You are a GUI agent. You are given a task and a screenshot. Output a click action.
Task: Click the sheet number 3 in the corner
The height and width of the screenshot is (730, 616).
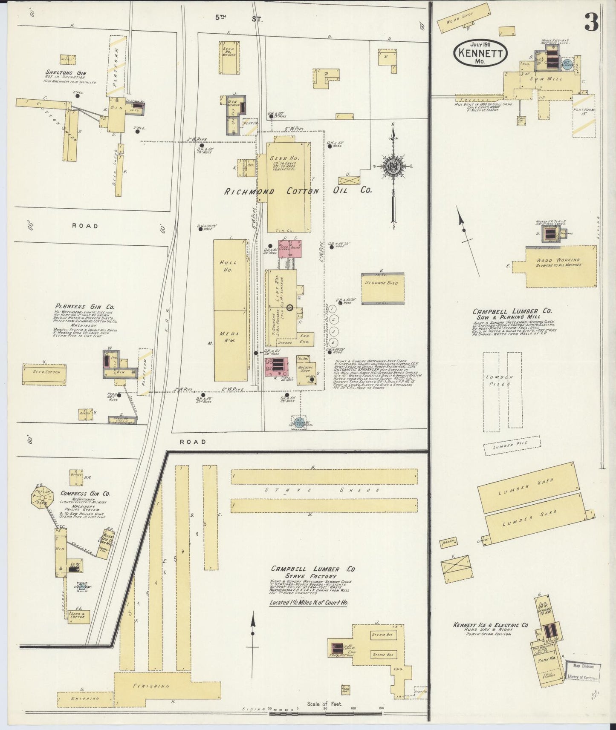coord(591,22)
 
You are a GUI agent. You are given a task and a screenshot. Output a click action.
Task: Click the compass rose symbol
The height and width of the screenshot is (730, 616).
coord(392,167)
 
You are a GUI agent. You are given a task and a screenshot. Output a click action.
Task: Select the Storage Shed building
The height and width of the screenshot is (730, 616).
coord(383,288)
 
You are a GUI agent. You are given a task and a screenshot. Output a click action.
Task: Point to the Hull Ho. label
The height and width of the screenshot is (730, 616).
coord(228,266)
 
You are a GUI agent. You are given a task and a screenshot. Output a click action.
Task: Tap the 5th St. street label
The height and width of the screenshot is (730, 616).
coord(239,18)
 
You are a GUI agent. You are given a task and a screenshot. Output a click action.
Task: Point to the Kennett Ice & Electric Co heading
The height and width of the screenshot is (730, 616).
coord(490,625)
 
